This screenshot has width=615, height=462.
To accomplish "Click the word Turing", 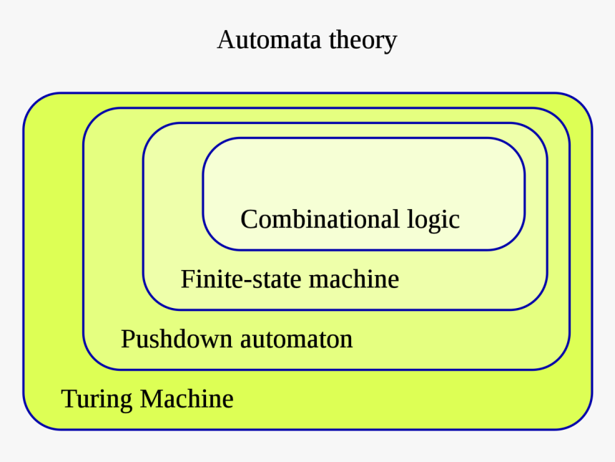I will (x=97, y=399).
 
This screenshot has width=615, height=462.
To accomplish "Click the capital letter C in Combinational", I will (x=249, y=218).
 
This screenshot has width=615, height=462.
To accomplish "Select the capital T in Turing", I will (x=69, y=398).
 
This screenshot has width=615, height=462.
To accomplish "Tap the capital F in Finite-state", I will (x=187, y=278).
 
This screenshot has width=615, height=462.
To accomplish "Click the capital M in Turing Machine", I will (x=152, y=398).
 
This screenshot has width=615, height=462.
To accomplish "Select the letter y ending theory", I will (x=390, y=43).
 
